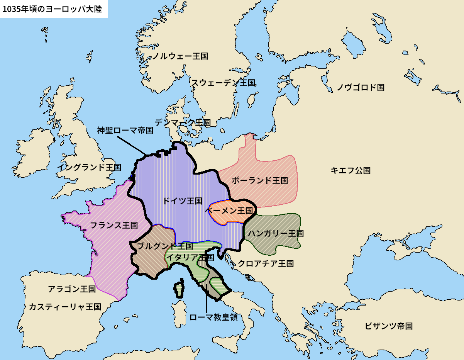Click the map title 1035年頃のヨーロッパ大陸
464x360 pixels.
(x=52, y=9)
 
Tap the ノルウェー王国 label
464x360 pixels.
(x=180, y=56)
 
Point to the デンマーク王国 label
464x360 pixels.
(x=183, y=122)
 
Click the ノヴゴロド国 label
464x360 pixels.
(x=360, y=87)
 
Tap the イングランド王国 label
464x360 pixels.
(x=89, y=167)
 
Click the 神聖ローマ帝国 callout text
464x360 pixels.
(x=125, y=130)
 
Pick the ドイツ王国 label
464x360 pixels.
(x=182, y=201)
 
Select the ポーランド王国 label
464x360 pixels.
(x=260, y=180)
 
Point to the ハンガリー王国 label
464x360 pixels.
(x=276, y=233)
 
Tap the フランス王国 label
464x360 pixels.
(x=114, y=225)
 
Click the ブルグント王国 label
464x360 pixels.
(x=165, y=246)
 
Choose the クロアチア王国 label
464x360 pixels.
(x=266, y=263)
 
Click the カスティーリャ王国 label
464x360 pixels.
(x=65, y=307)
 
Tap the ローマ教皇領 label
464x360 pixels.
(x=213, y=317)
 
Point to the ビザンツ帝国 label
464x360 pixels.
(x=389, y=326)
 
